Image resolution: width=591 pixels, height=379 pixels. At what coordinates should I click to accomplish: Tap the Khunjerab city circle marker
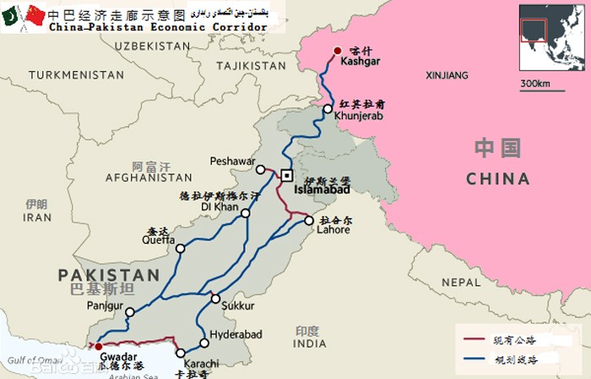[328, 109]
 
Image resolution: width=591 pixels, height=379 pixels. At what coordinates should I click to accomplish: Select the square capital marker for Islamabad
[287, 176]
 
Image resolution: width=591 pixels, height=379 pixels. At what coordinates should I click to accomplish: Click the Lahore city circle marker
[310, 221]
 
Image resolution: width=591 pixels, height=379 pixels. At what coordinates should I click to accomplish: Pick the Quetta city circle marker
[180, 249]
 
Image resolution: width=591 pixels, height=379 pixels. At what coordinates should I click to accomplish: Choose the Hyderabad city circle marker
[204, 343]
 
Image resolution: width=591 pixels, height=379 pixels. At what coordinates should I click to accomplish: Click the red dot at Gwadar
[99, 346]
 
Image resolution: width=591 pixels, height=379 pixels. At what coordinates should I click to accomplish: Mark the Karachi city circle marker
[181, 353]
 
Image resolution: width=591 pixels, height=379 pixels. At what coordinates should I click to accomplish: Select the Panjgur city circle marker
[129, 312]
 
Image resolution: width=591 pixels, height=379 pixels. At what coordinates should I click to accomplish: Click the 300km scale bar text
[535, 83]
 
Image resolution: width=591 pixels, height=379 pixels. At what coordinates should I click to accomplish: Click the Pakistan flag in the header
[13, 14]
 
